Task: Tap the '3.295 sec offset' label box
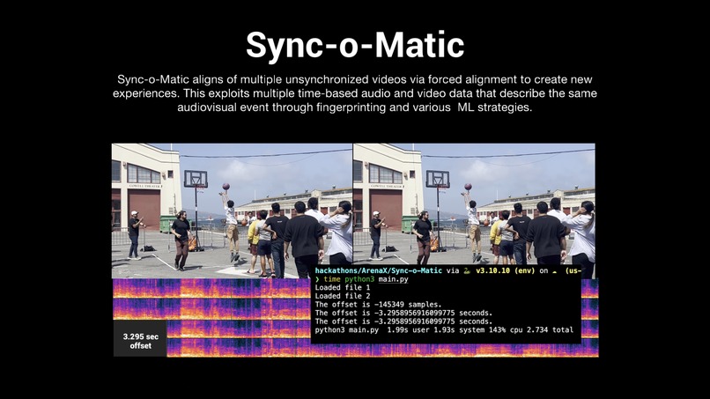139,341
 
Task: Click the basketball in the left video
225,187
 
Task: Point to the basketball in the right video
467,187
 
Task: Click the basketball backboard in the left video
196,179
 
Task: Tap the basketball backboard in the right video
437,179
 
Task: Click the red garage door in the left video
144,209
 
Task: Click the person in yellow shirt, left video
254,233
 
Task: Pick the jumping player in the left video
231,225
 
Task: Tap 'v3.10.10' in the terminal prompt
495,271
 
